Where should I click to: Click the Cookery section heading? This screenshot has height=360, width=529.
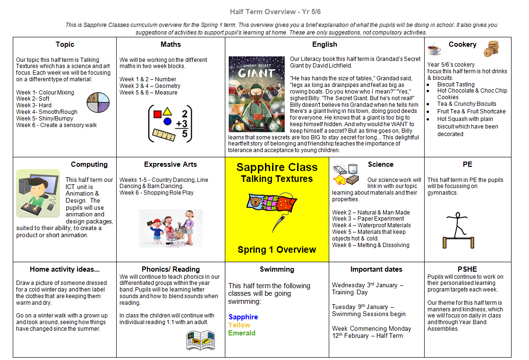click(x=462, y=44)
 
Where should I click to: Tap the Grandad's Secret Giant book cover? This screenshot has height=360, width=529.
click(x=256, y=94)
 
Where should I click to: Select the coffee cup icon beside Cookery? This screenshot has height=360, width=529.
click(x=434, y=48)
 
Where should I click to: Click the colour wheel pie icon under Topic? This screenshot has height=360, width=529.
click(x=98, y=103)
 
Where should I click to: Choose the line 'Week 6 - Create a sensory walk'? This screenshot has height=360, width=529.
click(x=56, y=125)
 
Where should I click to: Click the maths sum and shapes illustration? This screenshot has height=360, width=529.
click(x=171, y=124)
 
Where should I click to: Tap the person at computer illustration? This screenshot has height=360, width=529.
click(x=38, y=193)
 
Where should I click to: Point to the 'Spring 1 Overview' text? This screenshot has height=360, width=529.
click(x=277, y=250)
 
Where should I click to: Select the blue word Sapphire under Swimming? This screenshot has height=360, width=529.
click(x=243, y=317)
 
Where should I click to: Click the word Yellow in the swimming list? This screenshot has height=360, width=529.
click(x=239, y=325)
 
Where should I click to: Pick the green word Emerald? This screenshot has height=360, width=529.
click(x=242, y=333)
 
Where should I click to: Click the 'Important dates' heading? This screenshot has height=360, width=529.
click(x=376, y=269)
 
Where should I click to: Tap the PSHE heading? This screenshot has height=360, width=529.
click(x=467, y=269)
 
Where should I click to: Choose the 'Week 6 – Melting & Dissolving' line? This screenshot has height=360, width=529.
click(x=370, y=245)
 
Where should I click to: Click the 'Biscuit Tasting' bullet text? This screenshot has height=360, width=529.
click(x=456, y=85)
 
